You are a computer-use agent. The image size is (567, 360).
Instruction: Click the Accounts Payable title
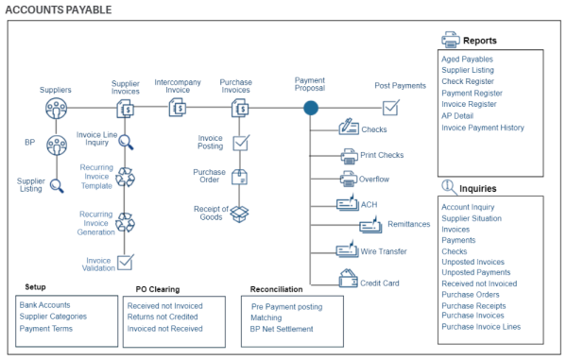[58, 9]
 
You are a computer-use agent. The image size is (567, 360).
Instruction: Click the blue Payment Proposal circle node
[310, 109]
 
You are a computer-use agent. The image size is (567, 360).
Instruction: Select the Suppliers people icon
[56, 109]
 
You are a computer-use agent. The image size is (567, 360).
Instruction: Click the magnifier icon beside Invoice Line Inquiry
[126, 142]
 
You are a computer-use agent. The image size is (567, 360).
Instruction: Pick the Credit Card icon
[348, 280]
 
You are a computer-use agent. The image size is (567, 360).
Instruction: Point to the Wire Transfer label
[385, 252]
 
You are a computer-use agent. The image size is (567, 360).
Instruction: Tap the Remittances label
[408, 225]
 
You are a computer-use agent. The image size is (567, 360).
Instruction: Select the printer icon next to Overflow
[348, 179]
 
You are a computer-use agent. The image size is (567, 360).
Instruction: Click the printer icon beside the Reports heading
[450, 41]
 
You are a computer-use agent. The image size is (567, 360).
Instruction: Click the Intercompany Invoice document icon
[178, 110]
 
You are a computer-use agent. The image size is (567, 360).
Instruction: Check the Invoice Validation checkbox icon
[126, 262]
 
